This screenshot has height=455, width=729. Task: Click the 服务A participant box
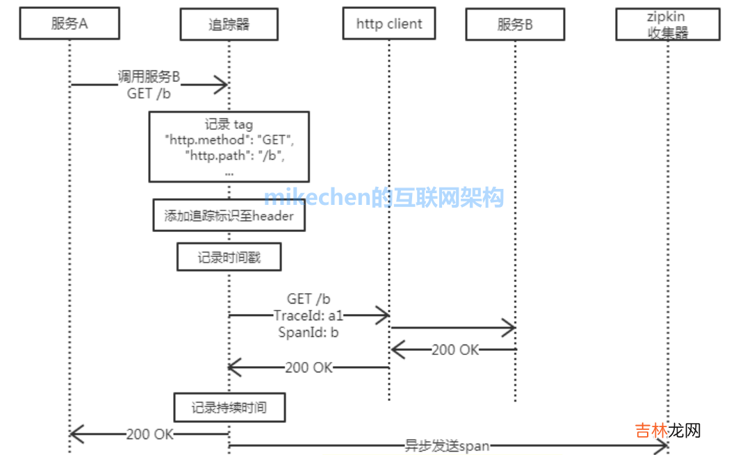[69, 25]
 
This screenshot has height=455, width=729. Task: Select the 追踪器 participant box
[229, 25]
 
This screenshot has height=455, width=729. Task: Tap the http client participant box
[389, 24]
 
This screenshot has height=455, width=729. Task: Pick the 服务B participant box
[515, 25]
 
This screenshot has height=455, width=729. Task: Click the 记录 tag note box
[229, 147]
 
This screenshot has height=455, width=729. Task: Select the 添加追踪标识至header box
[229, 216]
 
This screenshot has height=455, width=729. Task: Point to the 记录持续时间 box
[229, 408]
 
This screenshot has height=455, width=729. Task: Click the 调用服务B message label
[149, 77]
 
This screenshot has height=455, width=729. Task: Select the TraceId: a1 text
[309, 315]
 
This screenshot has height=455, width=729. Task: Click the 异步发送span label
[448, 446]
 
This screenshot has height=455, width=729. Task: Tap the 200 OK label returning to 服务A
[149, 435]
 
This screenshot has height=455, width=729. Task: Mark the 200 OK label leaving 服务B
[455, 349]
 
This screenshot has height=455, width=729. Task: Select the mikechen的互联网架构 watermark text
[384, 198]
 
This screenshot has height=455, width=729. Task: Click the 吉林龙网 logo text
[667, 431]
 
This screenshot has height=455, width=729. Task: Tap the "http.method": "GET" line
[230, 140]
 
